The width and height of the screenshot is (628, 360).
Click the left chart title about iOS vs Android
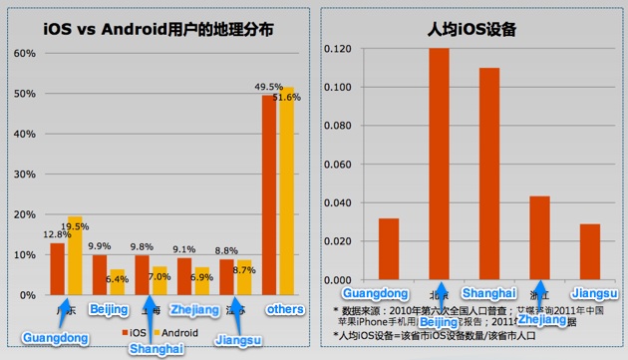click(159, 29)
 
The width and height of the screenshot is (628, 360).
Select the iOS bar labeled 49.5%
click(269, 195)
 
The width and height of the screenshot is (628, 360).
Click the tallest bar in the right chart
click(439, 165)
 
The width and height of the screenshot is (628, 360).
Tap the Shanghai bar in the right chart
click(488, 175)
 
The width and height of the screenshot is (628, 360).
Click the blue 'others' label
click(284, 310)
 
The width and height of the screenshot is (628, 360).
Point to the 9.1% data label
click(183, 249)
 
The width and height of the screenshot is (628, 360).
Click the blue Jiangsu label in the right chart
click(589, 293)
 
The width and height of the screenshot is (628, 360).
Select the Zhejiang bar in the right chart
click(538, 238)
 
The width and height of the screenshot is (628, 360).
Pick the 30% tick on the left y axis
click(23, 174)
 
